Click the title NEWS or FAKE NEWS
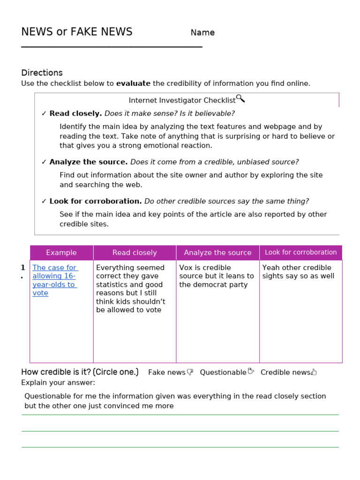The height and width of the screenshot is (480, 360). [x=76, y=32]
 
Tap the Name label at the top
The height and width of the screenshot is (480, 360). [x=202, y=33]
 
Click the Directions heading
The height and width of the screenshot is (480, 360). [x=42, y=73]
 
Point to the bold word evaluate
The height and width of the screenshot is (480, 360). [x=133, y=83]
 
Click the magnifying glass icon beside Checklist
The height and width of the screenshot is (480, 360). [x=240, y=98]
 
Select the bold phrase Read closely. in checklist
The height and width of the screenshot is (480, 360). [x=75, y=113]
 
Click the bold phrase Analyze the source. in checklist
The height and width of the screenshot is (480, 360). [x=88, y=162]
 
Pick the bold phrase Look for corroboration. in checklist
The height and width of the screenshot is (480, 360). [x=96, y=201]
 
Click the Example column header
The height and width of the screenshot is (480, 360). [x=61, y=253]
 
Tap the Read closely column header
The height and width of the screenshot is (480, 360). [x=135, y=253]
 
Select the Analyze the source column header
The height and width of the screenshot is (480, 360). [x=217, y=253]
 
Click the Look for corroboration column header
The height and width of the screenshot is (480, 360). [x=300, y=252]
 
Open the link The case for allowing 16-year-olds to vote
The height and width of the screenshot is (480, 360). [x=54, y=280]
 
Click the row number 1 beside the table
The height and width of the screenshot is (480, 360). [x=22, y=268]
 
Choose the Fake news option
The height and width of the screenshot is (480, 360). [x=167, y=372]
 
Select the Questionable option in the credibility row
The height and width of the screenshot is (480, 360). [x=223, y=372]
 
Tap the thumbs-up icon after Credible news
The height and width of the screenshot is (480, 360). [x=314, y=372]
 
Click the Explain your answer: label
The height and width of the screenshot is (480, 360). [x=58, y=382]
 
